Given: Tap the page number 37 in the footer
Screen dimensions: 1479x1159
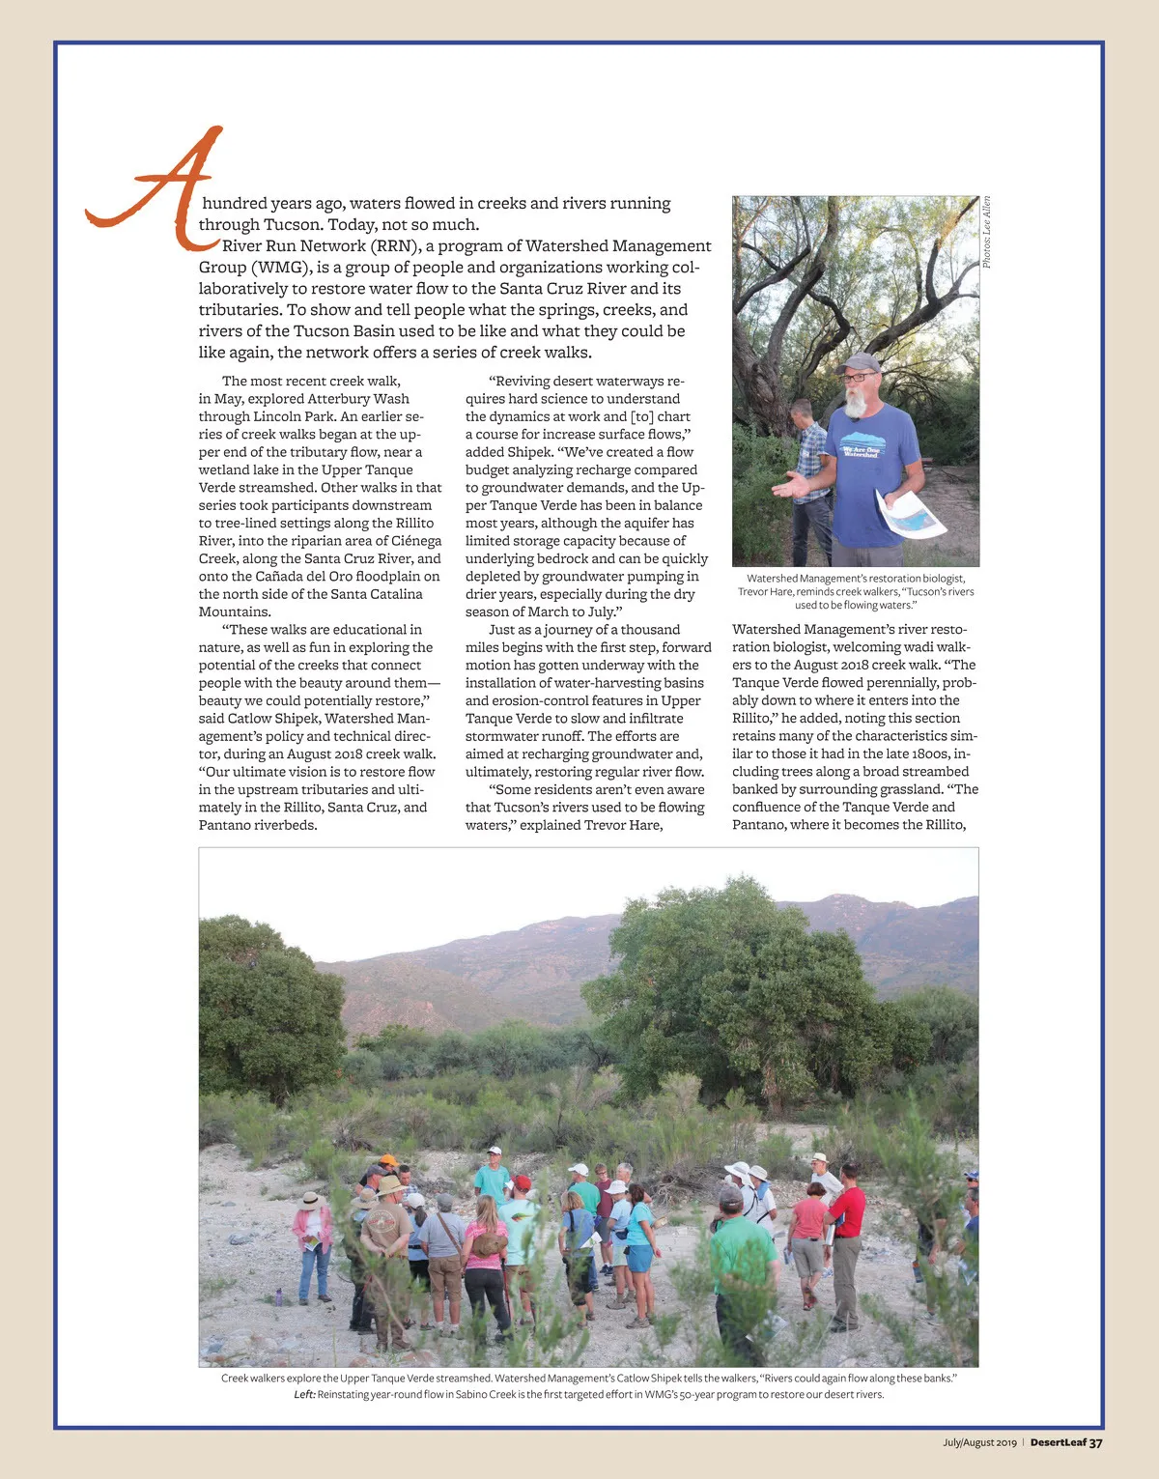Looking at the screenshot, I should tap(1095, 1442).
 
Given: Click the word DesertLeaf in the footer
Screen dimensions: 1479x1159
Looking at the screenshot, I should tap(1058, 1442).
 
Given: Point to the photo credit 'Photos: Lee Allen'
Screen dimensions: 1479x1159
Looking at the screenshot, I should tap(987, 233).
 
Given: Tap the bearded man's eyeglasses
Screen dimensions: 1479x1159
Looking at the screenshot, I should tap(857, 378).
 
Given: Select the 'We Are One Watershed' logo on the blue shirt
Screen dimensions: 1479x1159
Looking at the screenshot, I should tap(862, 451).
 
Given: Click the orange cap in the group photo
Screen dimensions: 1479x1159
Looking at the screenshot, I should tap(387, 1159).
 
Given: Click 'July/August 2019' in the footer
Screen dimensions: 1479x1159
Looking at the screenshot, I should tap(979, 1442).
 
